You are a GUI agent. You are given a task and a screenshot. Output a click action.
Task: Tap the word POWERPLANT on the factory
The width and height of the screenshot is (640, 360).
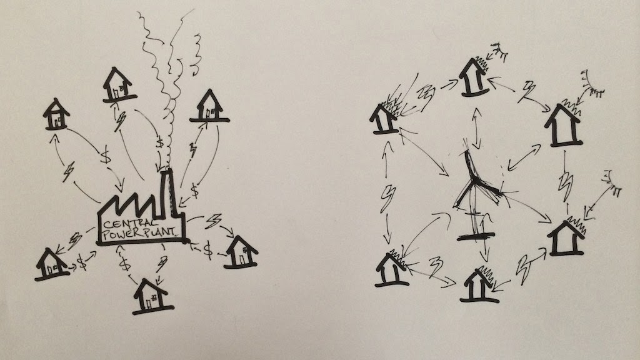tap(142, 232)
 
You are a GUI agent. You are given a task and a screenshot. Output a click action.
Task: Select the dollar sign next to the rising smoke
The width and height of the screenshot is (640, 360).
tap(161, 144)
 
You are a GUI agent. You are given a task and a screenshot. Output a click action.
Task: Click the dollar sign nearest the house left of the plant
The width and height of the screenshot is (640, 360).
tap(81, 259)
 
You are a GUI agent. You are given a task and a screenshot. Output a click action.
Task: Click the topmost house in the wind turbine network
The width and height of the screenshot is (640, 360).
tap(473, 77)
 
